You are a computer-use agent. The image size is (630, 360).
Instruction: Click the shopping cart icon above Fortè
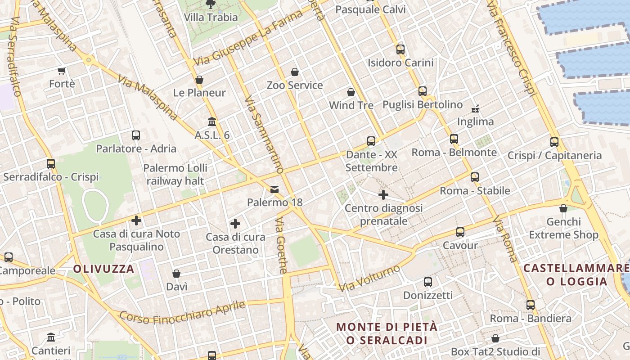point(62,71)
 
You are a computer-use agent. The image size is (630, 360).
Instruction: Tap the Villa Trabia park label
point(211,18)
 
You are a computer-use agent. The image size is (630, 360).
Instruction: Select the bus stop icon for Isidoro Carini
point(400,49)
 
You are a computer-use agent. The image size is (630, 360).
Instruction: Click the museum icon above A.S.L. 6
point(212,122)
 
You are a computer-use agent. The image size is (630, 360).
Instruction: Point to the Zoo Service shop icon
point(295,72)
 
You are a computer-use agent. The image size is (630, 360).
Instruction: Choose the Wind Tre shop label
point(351,105)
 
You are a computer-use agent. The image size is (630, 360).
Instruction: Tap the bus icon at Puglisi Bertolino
point(423,91)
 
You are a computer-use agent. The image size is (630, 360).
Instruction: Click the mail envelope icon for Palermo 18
point(274,189)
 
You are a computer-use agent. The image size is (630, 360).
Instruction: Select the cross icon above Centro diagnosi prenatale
point(383,195)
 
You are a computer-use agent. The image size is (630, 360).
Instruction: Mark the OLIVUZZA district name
point(103,269)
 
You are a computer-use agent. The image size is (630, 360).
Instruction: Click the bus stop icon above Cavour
point(460,232)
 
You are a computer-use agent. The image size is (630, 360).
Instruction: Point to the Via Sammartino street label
point(264,135)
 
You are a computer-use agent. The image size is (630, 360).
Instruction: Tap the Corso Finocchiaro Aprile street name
point(183,313)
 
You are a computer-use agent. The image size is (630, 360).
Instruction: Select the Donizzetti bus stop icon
point(427,282)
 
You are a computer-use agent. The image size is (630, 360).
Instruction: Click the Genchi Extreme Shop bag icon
point(563,208)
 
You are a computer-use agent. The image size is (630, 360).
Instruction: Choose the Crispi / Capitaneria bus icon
point(554,142)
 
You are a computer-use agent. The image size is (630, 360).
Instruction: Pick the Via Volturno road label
point(369,278)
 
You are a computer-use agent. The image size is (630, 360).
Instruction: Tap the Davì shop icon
point(176,274)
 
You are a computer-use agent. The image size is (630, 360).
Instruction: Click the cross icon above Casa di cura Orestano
point(235,224)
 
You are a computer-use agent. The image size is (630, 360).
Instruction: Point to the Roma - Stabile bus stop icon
point(475,177)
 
